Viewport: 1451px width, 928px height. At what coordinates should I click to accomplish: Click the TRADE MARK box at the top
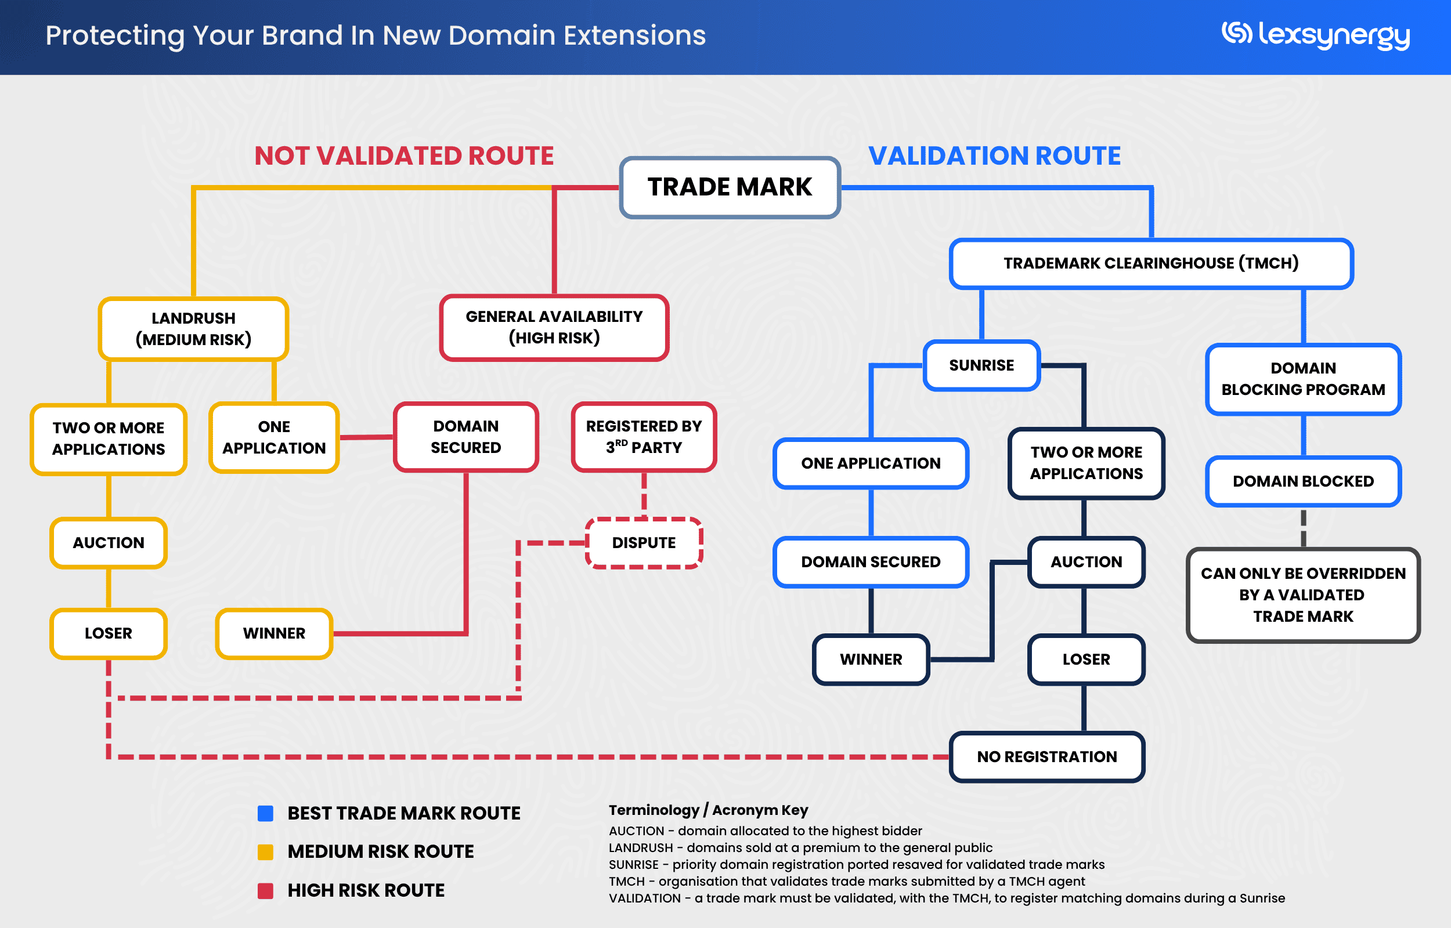tap(730, 187)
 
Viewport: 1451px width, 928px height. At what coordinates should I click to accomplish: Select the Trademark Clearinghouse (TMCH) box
tap(1150, 263)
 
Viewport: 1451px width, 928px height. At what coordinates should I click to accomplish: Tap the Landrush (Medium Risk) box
tap(193, 328)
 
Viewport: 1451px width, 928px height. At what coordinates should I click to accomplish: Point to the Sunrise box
tap(981, 365)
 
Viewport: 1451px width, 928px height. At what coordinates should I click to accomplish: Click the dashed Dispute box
tap(643, 542)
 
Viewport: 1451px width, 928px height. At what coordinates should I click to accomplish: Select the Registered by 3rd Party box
tap(643, 437)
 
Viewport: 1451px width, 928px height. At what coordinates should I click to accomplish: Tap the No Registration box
tap(1046, 756)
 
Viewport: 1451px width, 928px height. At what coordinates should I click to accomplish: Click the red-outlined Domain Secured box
tap(465, 437)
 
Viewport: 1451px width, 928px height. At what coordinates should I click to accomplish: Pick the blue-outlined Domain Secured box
tap(870, 561)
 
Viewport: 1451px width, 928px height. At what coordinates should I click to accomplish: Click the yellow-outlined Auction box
tap(109, 542)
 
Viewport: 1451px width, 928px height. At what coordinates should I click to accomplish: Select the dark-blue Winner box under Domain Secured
tap(871, 659)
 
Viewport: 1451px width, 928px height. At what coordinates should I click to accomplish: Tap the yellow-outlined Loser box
tap(109, 633)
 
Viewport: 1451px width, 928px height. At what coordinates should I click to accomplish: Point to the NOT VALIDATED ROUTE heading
tap(404, 156)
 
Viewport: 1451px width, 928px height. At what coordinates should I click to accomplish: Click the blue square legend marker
tap(265, 814)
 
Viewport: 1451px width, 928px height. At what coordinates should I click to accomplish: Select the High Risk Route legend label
tap(366, 890)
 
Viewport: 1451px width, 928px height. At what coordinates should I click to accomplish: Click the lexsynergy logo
tap(1315, 35)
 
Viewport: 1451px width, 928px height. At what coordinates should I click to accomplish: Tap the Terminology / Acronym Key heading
tap(708, 810)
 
